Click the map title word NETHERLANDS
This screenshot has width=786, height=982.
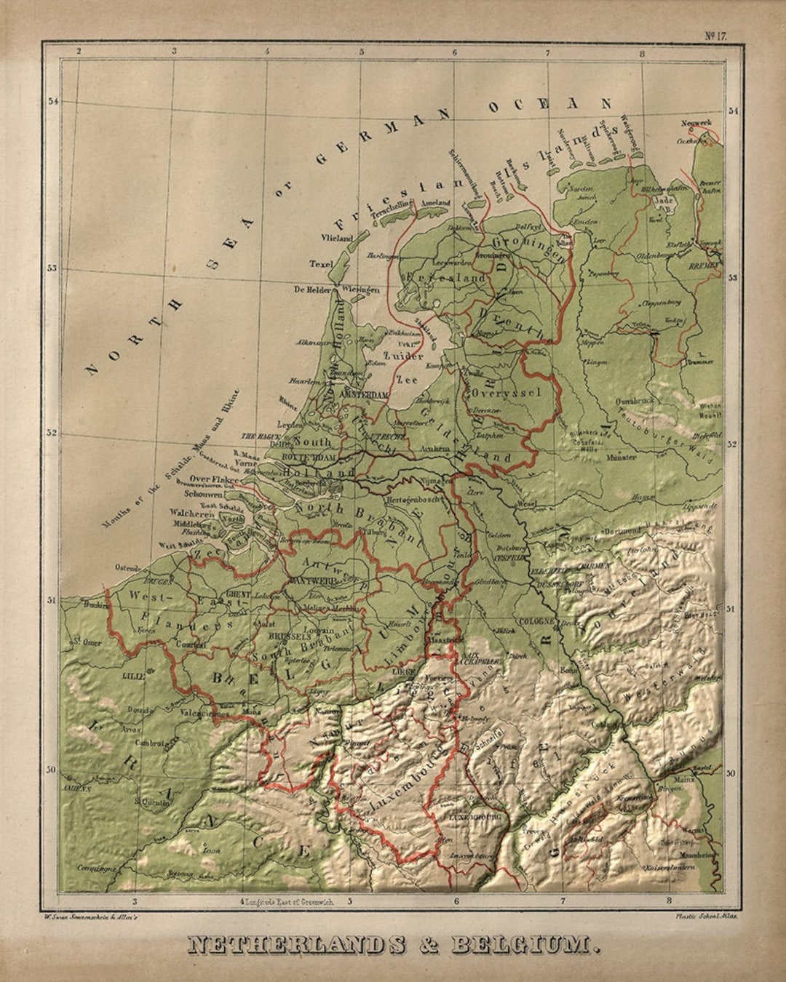(x=295, y=945)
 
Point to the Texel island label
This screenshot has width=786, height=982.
(x=319, y=263)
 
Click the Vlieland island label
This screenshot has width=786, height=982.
(x=336, y=238)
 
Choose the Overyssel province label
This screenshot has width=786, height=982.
(x=507, y=392)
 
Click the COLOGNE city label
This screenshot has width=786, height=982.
(x=537, y=621)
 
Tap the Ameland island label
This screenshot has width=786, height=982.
(x=435, y=204)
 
